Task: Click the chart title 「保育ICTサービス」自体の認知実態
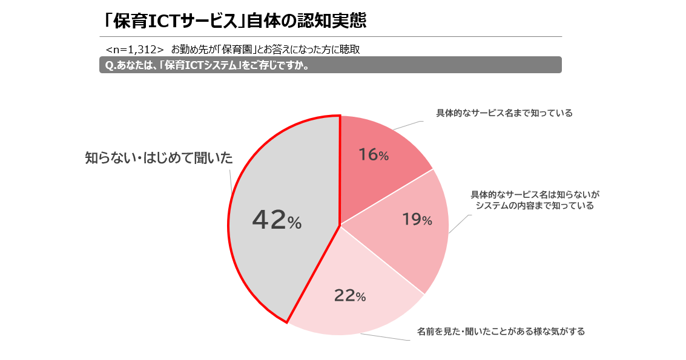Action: [235, 21]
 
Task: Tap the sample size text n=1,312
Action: [134, 49]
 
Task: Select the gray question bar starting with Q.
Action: [330, 65]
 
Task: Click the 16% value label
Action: [373, 155]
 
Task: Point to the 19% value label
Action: [417, 220]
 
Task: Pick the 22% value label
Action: [350, 296]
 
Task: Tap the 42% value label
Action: [276, 220]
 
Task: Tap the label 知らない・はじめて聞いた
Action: [159, 159]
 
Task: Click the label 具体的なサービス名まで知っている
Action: [504, 113]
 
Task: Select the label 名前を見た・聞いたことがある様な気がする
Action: [501, 332]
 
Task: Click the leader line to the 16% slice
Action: [407, 125]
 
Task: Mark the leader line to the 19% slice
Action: [458, 224]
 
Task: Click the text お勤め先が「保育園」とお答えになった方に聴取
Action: [269, 49]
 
